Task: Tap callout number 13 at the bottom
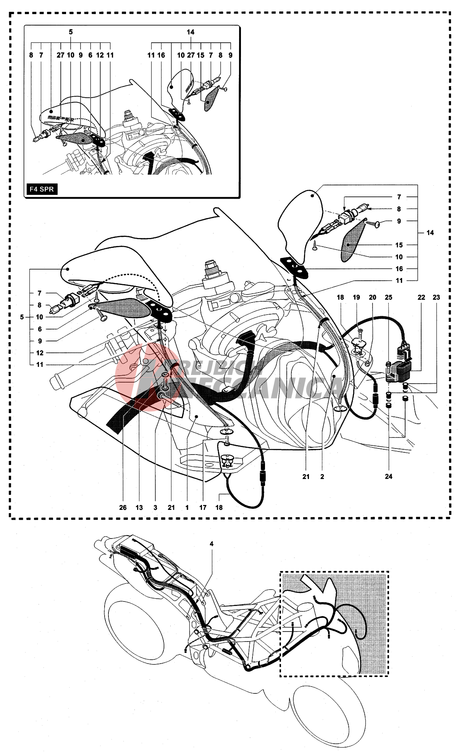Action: [x=139, y=508]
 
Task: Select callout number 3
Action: [x=155, y=508]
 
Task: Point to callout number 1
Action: [x=187, y=508]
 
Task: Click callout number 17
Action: [x=203, y=508]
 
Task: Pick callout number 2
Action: [x=322, y=477]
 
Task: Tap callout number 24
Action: [x=389, y=476]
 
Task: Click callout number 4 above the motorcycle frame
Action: [x=212, y=544]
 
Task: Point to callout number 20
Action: [x=373, y=297]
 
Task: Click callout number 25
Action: [x=389, y=297]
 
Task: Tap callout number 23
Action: [x=436, y=297]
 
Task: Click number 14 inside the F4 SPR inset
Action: [x=191, y=32]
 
